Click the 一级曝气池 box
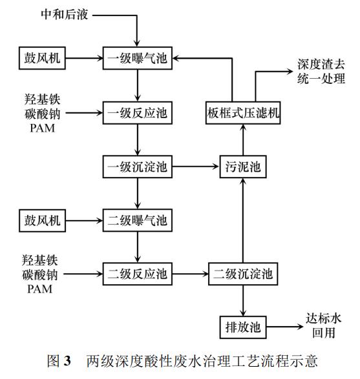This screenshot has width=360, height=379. (137, 60)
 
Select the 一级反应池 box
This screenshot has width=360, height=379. (137, 114)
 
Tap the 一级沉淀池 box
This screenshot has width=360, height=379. (137, 167)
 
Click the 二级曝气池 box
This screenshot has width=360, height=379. (137, 221)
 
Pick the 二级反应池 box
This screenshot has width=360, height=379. (137, 274)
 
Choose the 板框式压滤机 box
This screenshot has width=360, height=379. (243, 114)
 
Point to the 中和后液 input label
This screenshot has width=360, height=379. (63, 14)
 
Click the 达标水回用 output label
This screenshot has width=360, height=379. (323, 326)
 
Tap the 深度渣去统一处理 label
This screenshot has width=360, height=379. (321, 73)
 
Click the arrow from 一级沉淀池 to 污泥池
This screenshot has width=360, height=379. (195, 167)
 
